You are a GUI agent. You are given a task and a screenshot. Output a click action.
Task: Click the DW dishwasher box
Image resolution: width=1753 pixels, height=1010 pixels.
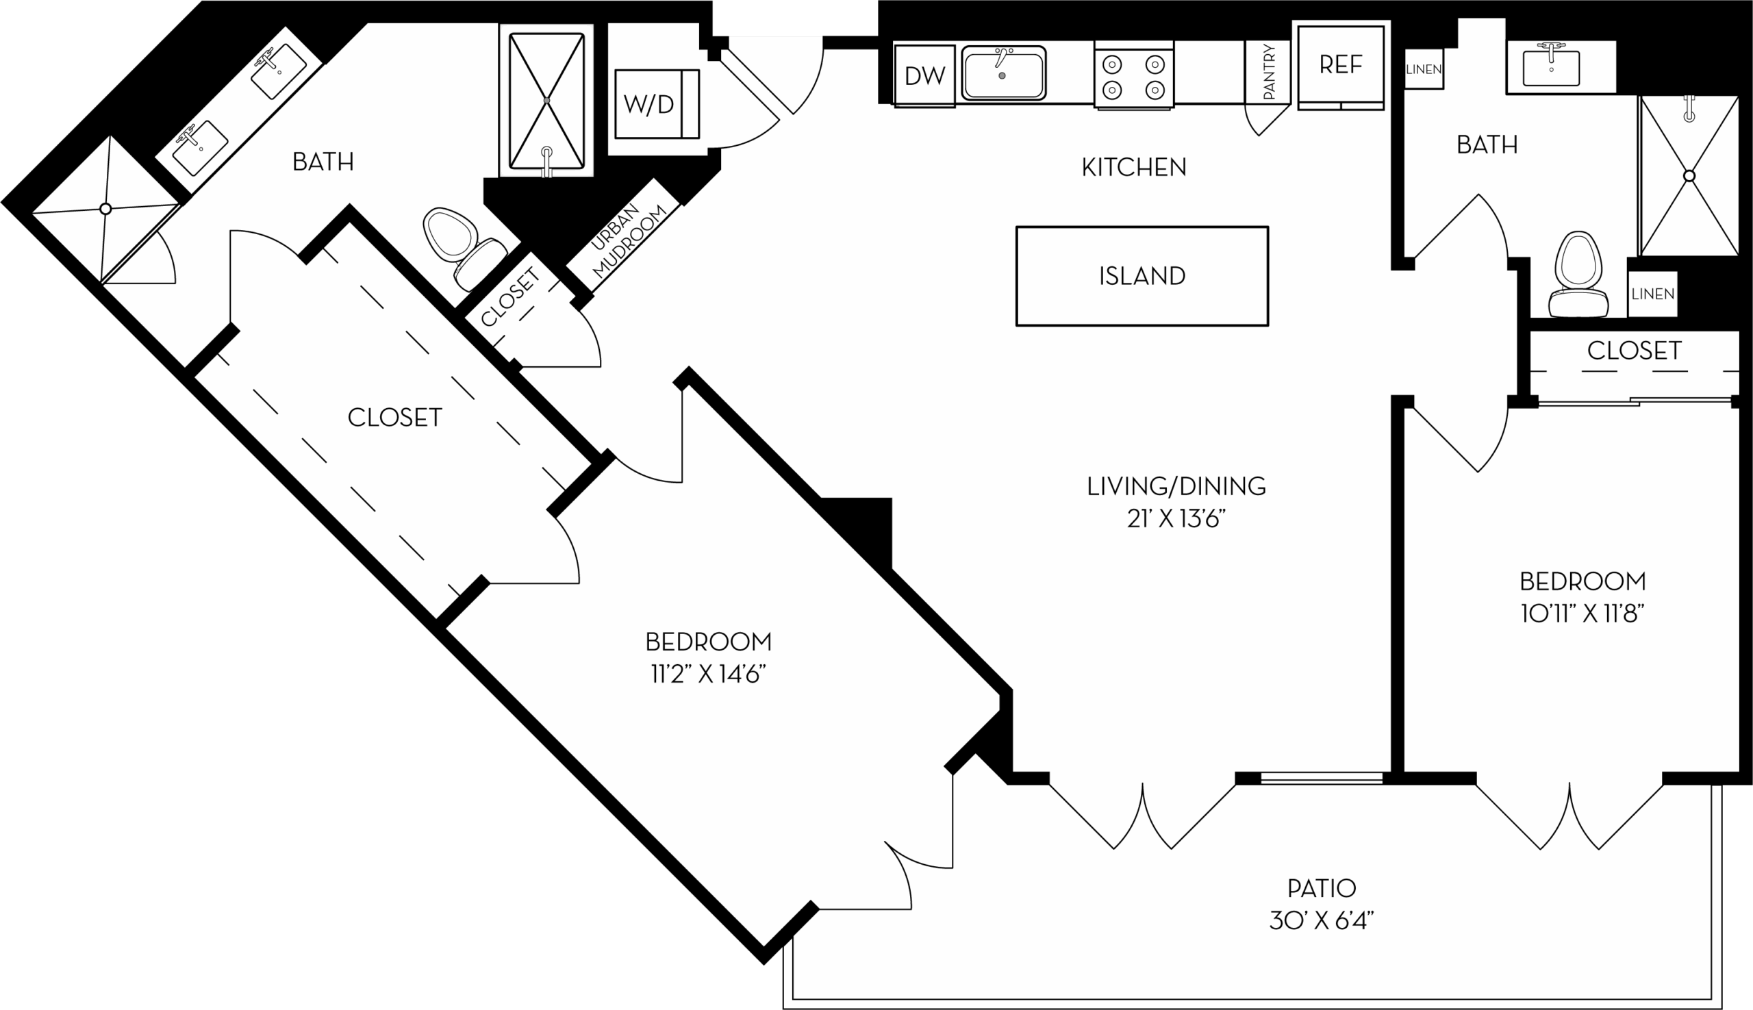924,75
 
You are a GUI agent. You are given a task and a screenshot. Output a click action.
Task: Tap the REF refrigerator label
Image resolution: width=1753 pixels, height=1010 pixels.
1340,65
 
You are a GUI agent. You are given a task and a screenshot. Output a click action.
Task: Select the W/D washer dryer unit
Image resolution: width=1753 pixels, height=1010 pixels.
655,104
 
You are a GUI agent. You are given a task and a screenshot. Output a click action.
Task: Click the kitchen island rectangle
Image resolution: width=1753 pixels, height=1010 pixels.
1142,276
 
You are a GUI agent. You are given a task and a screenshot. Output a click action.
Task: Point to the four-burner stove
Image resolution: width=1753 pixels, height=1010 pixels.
1133,76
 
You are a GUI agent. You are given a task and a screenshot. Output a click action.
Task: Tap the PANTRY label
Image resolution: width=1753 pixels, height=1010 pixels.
1269,71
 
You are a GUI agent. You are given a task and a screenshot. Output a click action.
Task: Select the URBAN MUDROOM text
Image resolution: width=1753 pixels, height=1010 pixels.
622,240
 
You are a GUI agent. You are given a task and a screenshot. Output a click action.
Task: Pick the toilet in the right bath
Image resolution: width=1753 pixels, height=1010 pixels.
1578,275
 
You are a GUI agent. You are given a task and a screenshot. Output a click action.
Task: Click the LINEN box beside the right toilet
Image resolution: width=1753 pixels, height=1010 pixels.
1652,294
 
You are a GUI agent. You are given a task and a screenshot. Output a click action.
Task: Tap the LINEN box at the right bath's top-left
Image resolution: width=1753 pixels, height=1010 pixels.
1424,69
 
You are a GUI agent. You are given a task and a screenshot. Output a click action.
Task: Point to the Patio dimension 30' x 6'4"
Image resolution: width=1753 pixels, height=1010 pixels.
1322,920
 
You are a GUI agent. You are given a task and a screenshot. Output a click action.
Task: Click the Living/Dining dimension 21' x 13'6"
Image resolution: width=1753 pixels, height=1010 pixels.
1176,519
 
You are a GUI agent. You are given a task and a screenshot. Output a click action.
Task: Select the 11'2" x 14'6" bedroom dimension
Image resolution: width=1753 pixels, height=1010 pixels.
707,674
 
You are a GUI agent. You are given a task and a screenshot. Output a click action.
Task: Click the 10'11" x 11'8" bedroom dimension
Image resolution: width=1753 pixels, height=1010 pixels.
1582,614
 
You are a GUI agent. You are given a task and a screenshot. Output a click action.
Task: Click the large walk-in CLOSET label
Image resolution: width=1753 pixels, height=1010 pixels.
394,418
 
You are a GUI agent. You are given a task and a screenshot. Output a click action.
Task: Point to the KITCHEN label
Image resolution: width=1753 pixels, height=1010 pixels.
1133,167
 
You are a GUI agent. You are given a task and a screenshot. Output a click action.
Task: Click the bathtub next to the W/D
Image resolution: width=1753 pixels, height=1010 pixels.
546,101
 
